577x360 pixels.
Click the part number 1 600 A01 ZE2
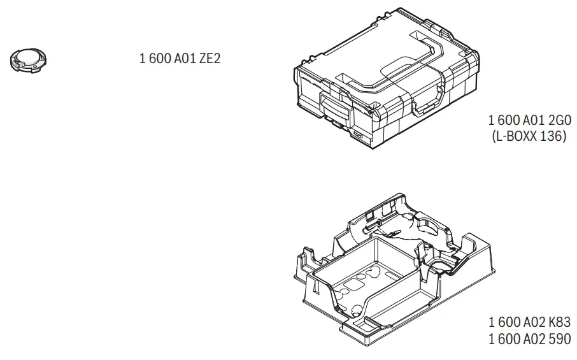(180, 58)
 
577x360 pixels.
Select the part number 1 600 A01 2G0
(529, 120)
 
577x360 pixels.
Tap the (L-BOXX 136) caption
(529, 136)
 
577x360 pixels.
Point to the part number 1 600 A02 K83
(529, 322)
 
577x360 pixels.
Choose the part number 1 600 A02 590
(529, 339)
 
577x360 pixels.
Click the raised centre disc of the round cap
(28, 57)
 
